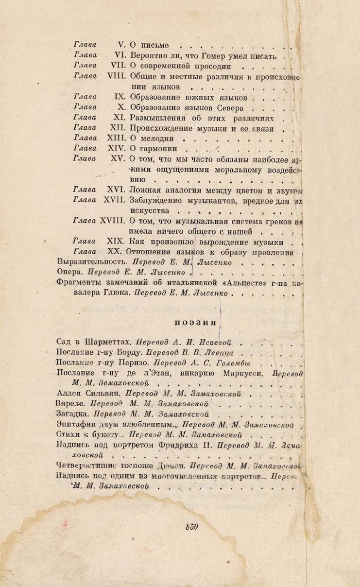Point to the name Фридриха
(177, 446)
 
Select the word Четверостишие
(86, 466)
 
